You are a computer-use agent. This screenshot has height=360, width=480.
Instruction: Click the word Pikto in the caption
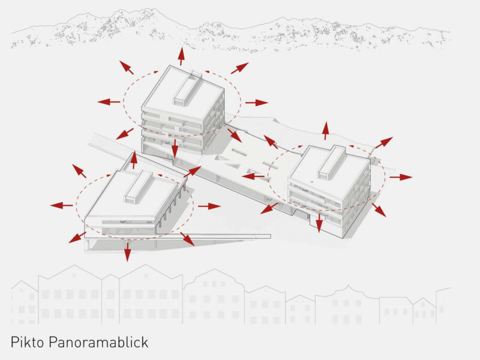coord(27,342)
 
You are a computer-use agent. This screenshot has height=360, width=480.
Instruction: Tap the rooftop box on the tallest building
coord(188,89)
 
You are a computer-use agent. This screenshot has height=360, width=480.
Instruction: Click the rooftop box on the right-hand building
coord(332,162)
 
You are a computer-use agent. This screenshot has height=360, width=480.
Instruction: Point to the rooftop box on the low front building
coord(138,187)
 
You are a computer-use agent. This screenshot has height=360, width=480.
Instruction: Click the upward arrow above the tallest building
coord(181,56)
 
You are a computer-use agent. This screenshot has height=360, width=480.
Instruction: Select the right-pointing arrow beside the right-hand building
coord(401,177)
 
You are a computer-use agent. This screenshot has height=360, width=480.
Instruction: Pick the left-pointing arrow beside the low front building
coord(62,205)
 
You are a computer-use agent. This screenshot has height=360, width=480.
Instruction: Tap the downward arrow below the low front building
coord(127,251)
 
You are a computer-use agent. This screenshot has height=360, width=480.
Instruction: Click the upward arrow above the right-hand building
coord(326,131)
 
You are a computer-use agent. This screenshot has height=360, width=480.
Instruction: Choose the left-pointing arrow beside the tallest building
coord(109,101)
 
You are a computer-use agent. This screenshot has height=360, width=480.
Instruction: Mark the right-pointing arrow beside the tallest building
coord(257,103)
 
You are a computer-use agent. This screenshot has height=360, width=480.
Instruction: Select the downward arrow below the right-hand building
coord(319,223)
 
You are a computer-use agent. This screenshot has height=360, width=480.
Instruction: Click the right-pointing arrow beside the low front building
coord(209,206)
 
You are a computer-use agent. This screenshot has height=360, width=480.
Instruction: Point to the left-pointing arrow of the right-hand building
coord(253,176)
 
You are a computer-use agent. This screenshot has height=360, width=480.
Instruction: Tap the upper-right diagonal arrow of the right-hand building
coord(384,143)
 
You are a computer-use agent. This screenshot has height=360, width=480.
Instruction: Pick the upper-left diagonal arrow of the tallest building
coord(127,67)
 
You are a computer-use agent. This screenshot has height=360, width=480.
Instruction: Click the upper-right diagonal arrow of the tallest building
coord(239,68)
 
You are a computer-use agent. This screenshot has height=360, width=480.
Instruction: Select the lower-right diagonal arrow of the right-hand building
coord(379,210)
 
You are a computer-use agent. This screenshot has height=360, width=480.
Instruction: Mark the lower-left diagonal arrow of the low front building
coord(77,238)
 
